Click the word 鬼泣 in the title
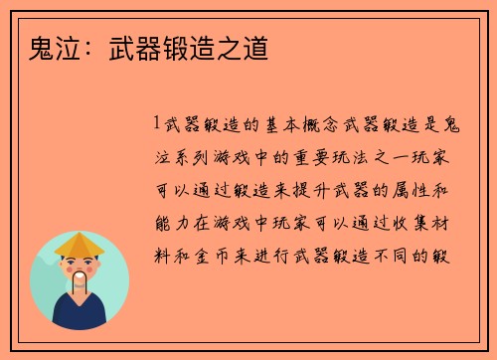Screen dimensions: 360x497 38,47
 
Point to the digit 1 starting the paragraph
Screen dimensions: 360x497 157,125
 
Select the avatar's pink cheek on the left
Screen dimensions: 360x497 65,270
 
